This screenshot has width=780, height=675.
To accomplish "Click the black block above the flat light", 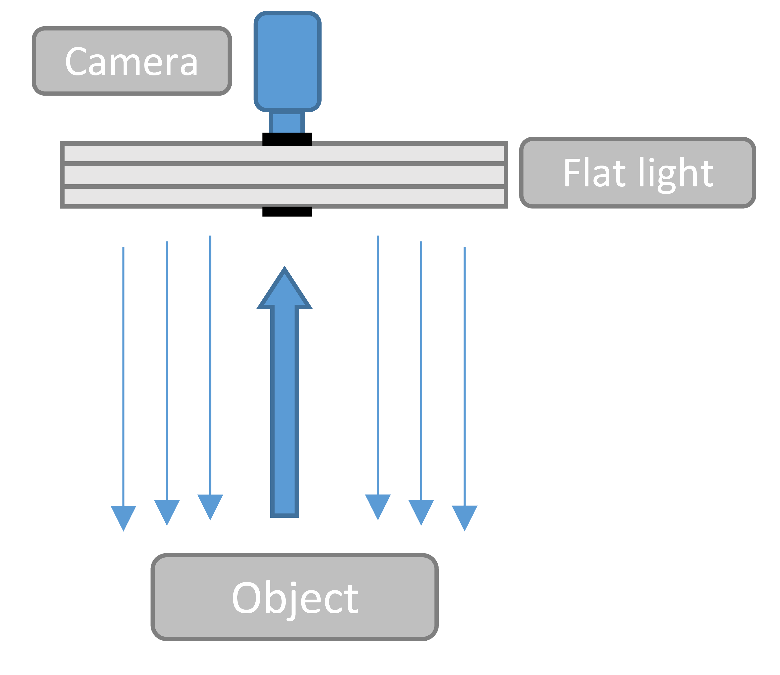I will pyautogui.click(x=287, y=139).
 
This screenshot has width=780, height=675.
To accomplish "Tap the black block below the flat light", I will pyautogui.click(x=287, y=211).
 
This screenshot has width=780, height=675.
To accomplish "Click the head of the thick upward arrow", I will pyautogui.click(x=285, y=290).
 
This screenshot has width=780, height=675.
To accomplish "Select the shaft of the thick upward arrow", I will pyautogui.click(x=285, y=414).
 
